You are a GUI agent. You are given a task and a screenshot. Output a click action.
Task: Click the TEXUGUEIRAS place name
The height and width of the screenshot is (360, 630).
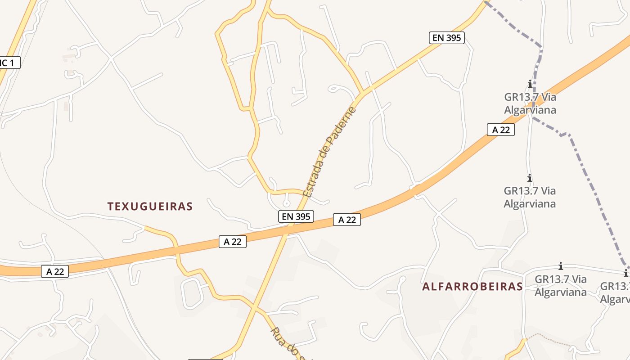150,207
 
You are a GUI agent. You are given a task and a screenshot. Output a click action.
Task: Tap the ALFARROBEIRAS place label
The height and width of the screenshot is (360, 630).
472,287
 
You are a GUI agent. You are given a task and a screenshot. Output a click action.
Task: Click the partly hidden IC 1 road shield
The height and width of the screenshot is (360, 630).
9,63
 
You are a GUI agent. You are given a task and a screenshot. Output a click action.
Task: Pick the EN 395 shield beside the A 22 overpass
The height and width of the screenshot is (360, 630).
296,216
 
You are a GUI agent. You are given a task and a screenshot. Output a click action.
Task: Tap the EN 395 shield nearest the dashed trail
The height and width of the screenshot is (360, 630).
446,38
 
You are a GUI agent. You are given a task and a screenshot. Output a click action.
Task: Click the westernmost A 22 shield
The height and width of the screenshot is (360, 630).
55,271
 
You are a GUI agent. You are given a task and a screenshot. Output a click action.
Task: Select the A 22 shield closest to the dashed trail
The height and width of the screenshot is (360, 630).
500,130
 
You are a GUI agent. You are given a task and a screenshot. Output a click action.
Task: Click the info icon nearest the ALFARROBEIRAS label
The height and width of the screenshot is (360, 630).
561,266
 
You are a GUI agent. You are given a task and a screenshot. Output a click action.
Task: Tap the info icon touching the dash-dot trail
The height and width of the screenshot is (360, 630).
530,84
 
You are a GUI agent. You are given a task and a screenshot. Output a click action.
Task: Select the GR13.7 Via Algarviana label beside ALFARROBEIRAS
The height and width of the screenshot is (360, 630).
561,286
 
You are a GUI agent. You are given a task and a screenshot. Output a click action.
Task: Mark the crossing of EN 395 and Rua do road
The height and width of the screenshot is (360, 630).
255,308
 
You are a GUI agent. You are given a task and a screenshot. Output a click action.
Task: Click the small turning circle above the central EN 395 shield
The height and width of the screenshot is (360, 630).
287,203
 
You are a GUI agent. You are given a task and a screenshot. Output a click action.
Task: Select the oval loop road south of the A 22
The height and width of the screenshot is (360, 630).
191,293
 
